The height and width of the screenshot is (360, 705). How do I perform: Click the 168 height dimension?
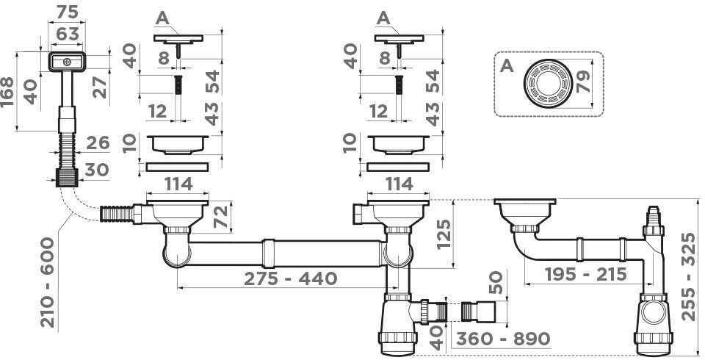(x=7, y=91)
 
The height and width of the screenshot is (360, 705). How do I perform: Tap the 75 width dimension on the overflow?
(x=67, y=12)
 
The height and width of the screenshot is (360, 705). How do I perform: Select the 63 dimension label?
(x=68, y=34)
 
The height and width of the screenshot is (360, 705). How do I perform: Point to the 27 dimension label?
(x=100, y=87)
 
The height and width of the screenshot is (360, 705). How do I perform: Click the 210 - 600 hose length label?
(x=47, y=282)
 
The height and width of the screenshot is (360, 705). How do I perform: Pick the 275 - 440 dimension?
(x=291, y=278)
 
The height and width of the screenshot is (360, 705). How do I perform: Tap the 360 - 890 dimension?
(x=503, y=339)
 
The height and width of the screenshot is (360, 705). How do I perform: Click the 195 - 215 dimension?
(x=586, y=274)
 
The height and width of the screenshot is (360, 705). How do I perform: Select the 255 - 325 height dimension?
(x=687, y=276)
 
